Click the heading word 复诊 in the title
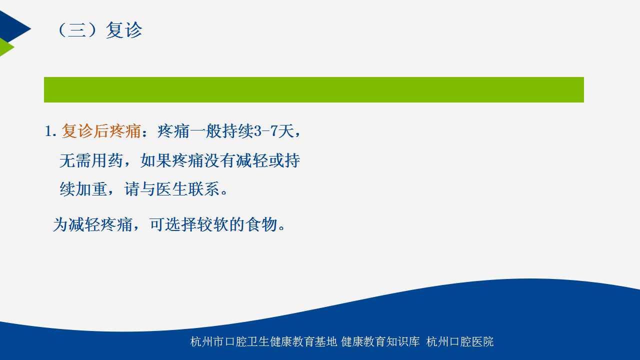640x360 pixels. tap(124, 29)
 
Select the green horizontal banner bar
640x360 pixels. tap(313, 89)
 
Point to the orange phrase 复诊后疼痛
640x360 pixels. tap(101, 131)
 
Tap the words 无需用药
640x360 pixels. tap(91, 160)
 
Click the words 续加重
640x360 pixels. tap(83, 189)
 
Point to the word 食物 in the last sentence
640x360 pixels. tap(262, 224)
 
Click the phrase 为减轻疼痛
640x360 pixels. tap(92, 224)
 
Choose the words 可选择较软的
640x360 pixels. tap(197, 224)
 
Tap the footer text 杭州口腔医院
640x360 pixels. tap(459, 341)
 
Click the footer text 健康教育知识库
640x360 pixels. tap(380, 341)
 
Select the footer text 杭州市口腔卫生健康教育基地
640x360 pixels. tap(263, 341)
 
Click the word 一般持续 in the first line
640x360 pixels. tap(221, 131)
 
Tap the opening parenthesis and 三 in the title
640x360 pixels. tap(72, 29)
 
